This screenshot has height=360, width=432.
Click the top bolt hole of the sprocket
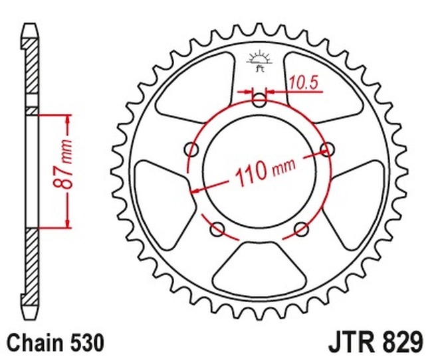tap(259, 101)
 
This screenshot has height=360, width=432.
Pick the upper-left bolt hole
tap(193, 148)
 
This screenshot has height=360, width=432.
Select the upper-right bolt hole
tap(326, 148)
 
